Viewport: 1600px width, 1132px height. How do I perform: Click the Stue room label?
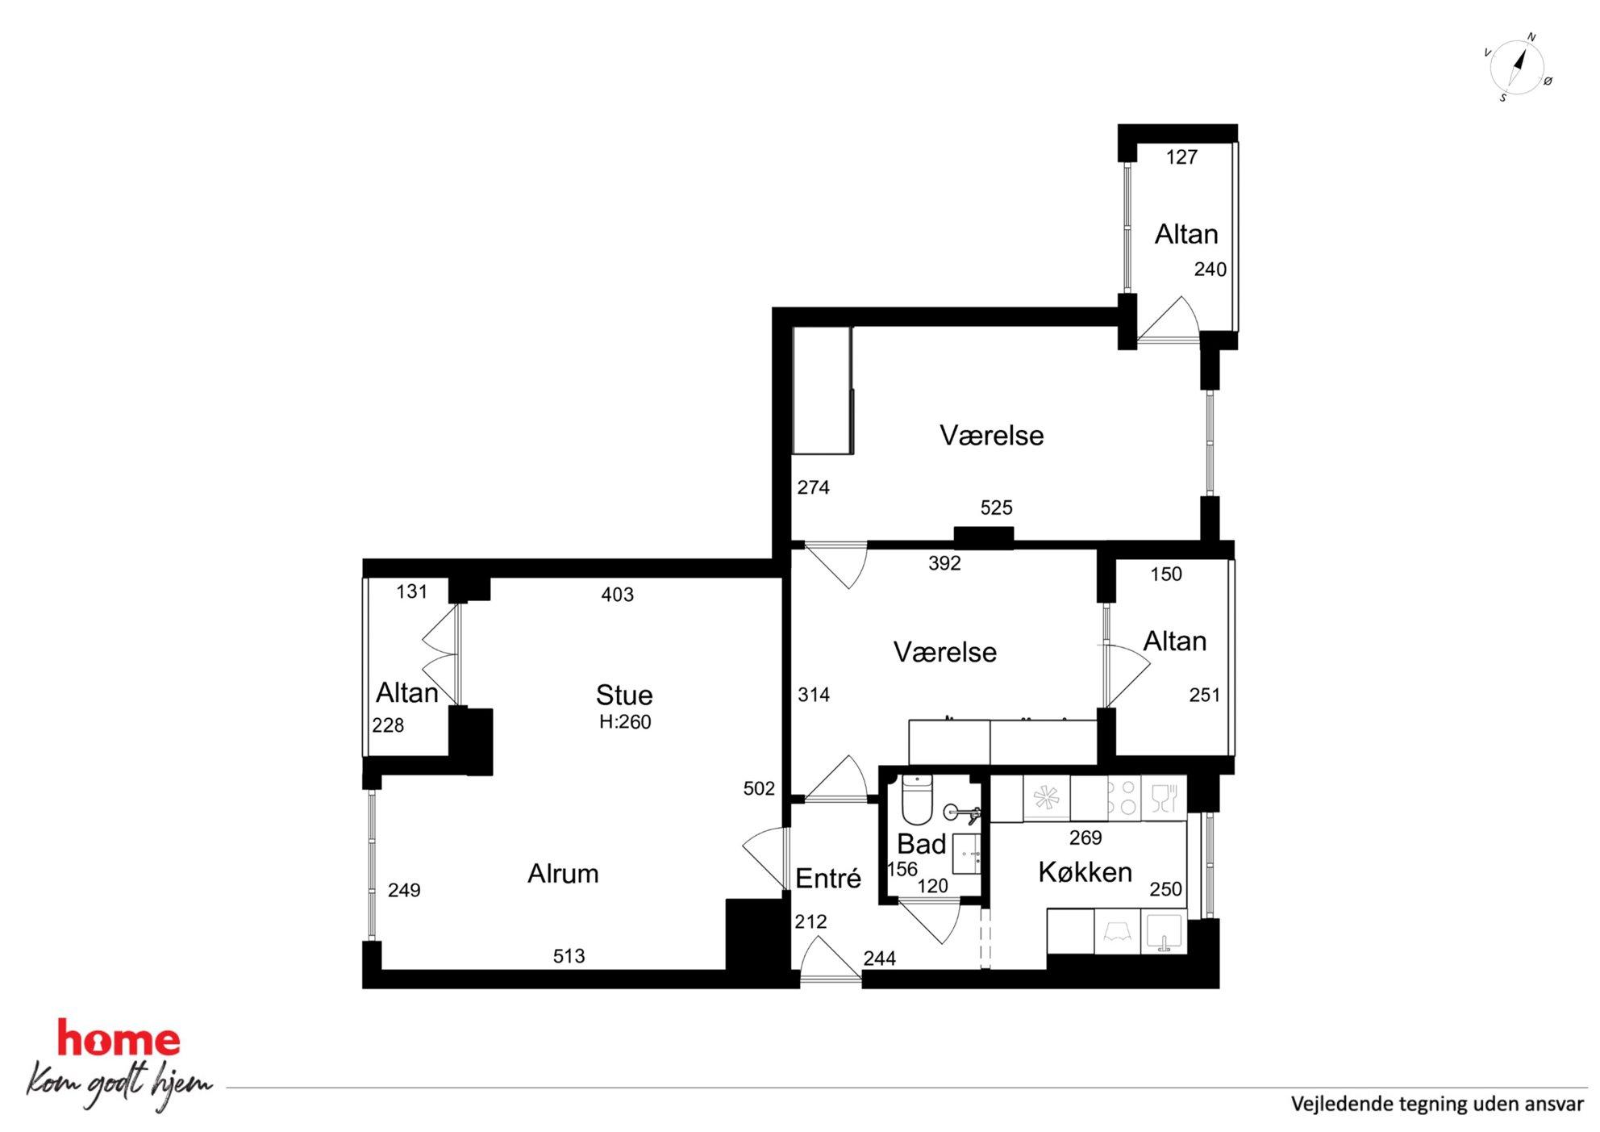[624, 695]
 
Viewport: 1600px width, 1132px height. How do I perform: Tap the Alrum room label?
[563, 873]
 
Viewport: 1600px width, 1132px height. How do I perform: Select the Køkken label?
[1085, 871]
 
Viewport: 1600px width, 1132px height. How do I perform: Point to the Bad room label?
[921, 844]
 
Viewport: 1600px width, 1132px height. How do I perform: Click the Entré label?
[828, 878]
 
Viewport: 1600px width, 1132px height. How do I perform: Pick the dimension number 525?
[996, 508]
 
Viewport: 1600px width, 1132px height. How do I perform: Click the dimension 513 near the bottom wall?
[569, 956]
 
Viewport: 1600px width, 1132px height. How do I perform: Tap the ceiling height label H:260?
[625, 721]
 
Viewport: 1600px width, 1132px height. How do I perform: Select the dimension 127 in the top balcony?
[1181, 157]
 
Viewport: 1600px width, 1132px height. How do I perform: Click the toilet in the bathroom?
[917, 799]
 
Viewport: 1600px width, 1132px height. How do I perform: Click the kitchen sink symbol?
[1164, 932]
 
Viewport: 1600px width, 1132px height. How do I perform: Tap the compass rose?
[1517, 68]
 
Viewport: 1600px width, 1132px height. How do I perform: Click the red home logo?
[119, 1038]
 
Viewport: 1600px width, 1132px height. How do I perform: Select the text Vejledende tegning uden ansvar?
[1437, 1104]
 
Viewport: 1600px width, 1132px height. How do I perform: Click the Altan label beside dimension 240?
[1186, 234]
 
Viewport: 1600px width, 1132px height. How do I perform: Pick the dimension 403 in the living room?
[617, 595]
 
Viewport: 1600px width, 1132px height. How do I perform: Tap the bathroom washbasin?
[966, 854]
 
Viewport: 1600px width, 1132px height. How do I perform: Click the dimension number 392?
[944, 563]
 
